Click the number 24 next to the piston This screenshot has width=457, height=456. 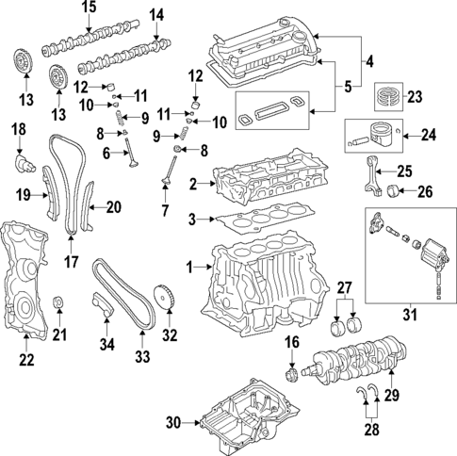(x=429, y=135)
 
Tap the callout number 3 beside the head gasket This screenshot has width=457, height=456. (x=192, y=220)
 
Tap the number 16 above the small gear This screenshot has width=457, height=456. (x=291, y=342)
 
